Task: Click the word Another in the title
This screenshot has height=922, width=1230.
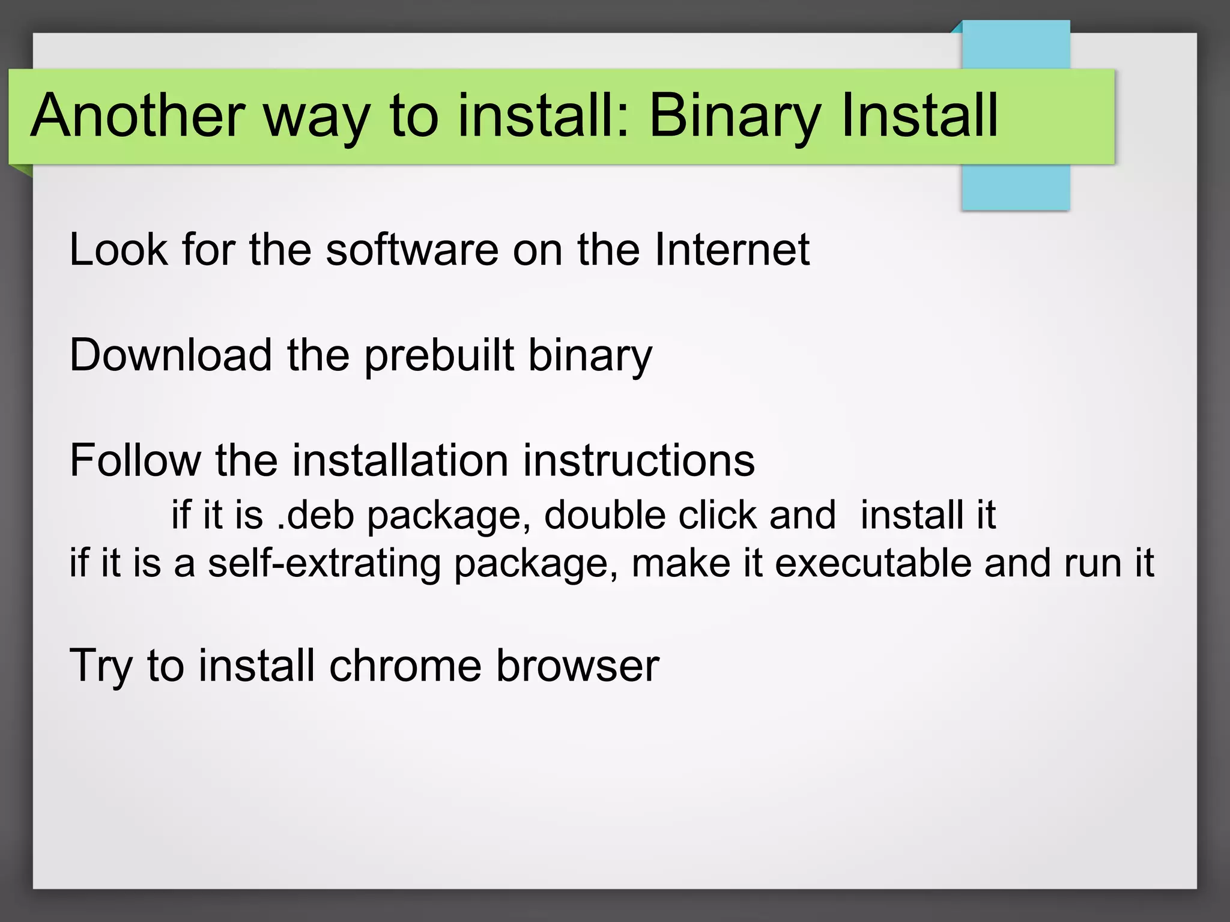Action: [138, 115]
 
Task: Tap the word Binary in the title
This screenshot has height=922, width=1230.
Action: [735, 115]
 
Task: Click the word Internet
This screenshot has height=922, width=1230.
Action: [732, 249]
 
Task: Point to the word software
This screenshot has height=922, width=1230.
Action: [412, 249]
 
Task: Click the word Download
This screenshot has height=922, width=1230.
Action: [171, 355]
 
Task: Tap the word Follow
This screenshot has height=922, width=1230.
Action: [135, 460]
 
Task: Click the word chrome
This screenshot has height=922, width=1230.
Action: [405, 666]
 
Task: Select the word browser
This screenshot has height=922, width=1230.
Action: [578, 666]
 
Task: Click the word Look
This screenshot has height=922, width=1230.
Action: [118, 249]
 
